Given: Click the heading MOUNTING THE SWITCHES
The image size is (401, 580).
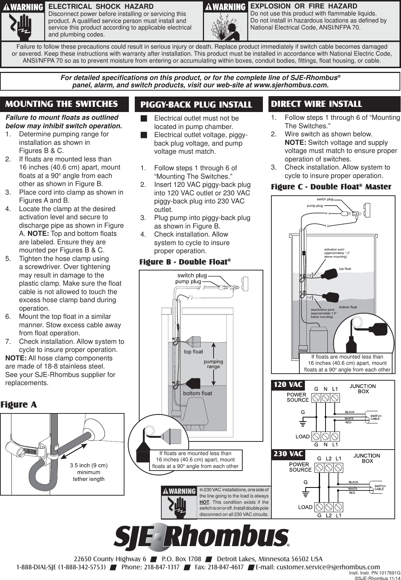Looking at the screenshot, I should (x=61, y=104).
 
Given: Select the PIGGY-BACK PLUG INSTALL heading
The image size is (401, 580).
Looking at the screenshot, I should (x=196, y=105).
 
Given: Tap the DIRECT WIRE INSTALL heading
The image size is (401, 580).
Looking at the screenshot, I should (x=316, y=104).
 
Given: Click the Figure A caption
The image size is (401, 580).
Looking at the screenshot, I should (x=19, y=405).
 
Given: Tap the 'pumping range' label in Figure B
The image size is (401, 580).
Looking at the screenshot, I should (x=214, y=364).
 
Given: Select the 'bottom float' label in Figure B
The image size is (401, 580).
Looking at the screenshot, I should (x=198, y=393).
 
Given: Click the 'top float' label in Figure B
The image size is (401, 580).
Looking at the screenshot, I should (x=193, y=352).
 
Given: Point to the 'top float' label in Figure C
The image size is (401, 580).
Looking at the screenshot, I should (x=345, y=269).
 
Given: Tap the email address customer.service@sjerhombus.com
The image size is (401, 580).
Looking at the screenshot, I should (x=328, y=567).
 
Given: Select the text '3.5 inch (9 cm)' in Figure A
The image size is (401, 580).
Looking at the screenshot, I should (x=89, y=465).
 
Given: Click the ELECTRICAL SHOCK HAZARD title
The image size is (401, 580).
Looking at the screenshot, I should (x=101, y=6).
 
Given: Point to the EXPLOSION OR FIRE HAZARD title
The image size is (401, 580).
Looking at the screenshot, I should (x=304, y=6).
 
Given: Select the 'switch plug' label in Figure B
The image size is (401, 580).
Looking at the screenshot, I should (x=192, y=275).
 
